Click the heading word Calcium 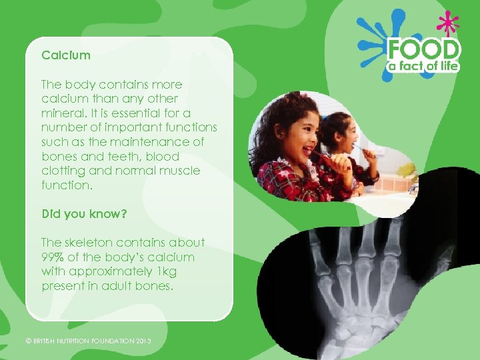tap(65, 55)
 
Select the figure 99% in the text tap(53, 257)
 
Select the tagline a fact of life tap(425, 66)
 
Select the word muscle tap(179, 171)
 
